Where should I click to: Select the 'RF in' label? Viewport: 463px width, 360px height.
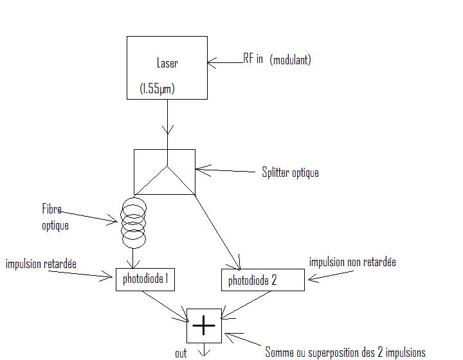tap(253, 59)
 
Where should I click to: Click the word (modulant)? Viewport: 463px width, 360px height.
tap(291, 60)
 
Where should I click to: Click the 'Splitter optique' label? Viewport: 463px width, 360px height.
tap(290, 172)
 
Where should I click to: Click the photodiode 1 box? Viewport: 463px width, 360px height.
tap(145, 279)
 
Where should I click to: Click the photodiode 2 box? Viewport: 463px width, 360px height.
tap(262, 280)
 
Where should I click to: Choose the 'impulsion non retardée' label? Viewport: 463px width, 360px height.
tap(352, 262)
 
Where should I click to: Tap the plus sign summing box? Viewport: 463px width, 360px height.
tap(204, 326)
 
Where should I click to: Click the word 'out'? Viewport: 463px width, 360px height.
tap(181, 353)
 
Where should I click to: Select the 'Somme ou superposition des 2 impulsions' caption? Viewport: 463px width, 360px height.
tap(345, 352)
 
